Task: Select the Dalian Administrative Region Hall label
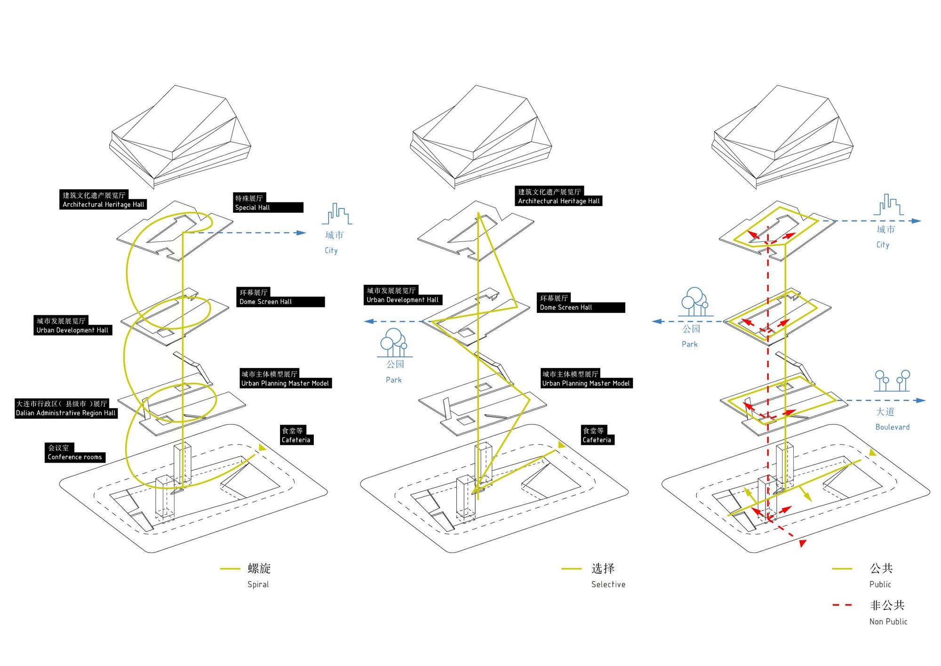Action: [66, 409]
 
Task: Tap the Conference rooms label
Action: [75, 453]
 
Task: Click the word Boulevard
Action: [892, 427]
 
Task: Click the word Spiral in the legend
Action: [258, 584]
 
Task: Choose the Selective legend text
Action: [608, 584]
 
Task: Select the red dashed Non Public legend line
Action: [842, 605]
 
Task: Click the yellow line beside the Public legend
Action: [842, 569]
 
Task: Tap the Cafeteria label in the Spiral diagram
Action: [296, 435]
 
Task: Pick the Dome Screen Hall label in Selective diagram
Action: [581, 303]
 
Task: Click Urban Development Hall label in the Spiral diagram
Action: [72, 326]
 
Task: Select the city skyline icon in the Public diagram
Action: [888, 205]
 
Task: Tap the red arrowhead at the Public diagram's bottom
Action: [803, 544]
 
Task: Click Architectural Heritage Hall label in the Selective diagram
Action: [558, 196]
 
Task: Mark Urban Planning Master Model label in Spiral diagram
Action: [285, 379]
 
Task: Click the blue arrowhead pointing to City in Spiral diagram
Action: [301, 233]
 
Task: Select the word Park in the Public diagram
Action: [689, 344]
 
